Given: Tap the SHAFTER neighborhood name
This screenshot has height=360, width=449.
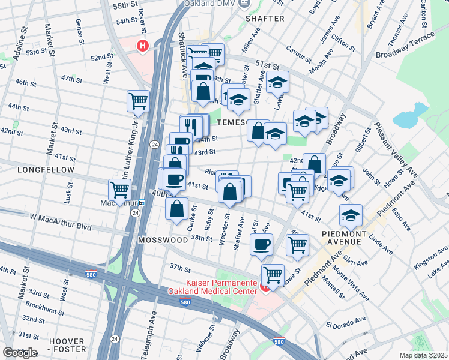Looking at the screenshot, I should [x=265, y=19].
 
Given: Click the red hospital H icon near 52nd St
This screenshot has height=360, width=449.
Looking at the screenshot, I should [x=143, y=45].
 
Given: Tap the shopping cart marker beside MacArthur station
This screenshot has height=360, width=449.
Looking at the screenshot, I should [x=120, y=190].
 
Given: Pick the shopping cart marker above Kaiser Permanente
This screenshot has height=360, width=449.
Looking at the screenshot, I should [x=273, y=275].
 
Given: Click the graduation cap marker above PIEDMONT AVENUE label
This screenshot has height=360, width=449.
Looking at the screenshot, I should [x=351, y=214].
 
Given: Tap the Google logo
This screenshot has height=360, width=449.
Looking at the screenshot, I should [x=20, y=353].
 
